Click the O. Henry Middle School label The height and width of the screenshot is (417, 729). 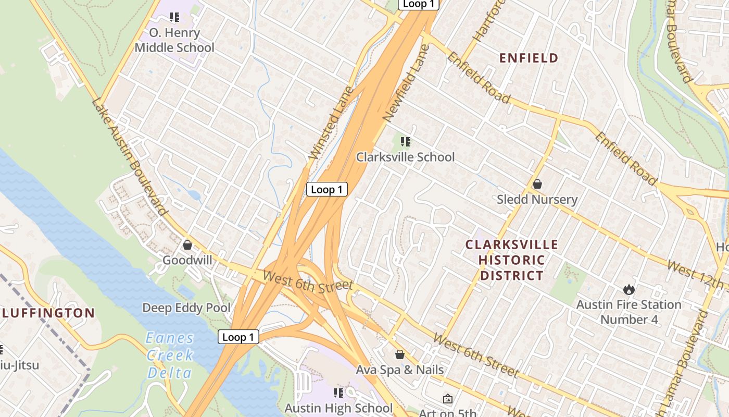coord(174,40)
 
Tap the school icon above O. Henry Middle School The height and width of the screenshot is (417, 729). coord(174,17)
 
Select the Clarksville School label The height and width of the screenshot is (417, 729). coord(405,157)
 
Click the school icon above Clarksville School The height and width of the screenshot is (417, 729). coord(406,141)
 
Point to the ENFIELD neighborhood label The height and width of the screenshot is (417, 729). coord(529,58)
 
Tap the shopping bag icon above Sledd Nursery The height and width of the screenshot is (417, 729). coord(537,184)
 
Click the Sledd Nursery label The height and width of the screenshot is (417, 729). coord(537,200)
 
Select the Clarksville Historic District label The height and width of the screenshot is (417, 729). coord(511,260)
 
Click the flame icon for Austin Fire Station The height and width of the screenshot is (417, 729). coord(629,289)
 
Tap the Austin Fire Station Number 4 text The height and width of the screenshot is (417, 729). coord(629,312)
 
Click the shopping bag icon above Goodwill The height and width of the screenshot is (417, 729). coord(187,244)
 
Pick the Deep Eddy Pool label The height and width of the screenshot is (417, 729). coord(186,308)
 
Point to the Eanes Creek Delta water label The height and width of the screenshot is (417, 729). coord(170,355)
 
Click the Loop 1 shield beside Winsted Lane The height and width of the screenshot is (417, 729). coord(326,189)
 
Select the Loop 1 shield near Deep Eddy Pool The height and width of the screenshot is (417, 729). coord(238,337)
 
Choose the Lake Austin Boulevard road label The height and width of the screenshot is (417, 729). coord(130,156)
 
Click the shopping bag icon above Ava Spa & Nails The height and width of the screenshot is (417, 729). coord(400,354)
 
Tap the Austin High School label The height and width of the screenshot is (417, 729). coord(338,408)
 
